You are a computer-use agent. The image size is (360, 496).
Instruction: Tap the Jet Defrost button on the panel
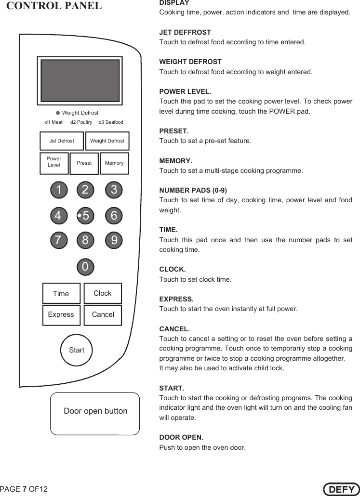(61, 141)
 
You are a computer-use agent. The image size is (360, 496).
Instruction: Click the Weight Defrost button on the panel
(107, 141)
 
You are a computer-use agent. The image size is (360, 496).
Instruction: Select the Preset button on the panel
(84, 163)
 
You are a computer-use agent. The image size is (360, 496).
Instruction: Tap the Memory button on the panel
(114, 163)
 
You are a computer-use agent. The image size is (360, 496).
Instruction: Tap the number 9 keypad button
(114, 240)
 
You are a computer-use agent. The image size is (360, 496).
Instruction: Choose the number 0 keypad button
(85, 266)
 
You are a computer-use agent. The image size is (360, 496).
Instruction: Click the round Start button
(76, 350)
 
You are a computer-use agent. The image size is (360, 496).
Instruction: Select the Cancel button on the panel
(103, 315)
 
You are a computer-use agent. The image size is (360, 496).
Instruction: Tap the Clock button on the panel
(102, 293)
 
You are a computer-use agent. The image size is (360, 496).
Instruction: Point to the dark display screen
(80, 80)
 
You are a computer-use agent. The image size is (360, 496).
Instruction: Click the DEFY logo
(341, 489)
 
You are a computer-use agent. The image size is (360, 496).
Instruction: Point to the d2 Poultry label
(81, 122)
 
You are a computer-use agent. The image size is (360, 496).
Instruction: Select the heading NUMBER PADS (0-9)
(193, 190)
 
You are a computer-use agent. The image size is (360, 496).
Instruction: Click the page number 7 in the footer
(25, 489)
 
